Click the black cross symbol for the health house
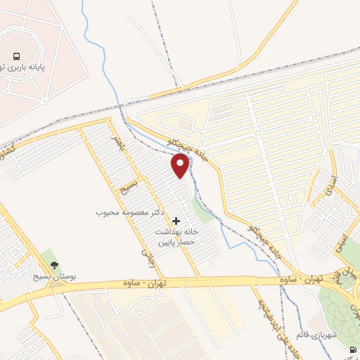click(176, 221)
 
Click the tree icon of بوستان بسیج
click(54, 265)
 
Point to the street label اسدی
click(327, 184)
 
